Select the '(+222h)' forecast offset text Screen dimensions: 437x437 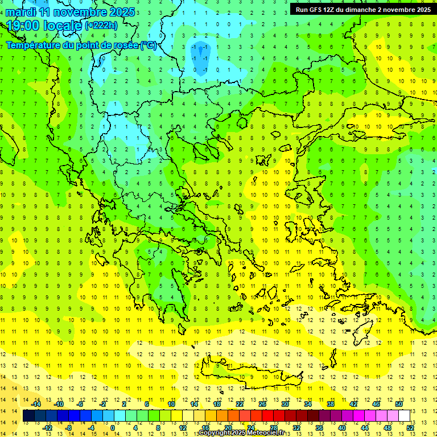point(101,25)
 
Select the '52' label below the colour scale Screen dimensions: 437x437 point(410,428)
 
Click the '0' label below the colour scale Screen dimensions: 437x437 point(112,428)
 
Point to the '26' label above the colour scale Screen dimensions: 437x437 point(262,404)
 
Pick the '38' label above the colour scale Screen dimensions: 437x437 point(330,404)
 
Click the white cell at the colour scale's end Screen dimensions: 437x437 point(404,416)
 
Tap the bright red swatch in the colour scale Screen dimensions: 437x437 point(267,416)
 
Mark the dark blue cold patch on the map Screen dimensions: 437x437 point(200,52)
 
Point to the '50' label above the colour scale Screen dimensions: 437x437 point(398,404)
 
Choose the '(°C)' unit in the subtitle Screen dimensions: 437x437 point(149,45)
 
